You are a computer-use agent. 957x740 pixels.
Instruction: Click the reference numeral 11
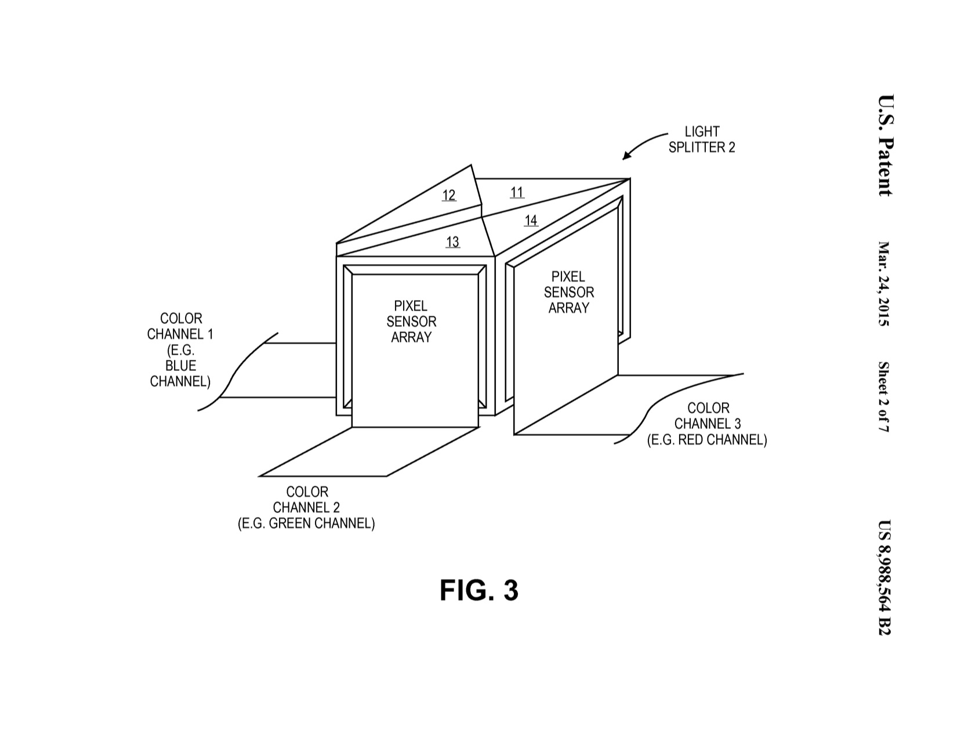pos(517,192)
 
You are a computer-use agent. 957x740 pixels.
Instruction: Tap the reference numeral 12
pos(449,195)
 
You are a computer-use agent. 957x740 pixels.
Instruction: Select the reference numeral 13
pos(452,242)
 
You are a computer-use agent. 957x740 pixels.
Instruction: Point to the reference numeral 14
pos(531,221)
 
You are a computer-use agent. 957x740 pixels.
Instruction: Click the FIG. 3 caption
pos(478,591)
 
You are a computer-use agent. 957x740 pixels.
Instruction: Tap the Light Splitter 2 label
pos(701,140)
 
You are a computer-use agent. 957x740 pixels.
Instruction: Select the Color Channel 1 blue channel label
pos(180,350)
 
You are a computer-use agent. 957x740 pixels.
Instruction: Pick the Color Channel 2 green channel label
pos(306,508)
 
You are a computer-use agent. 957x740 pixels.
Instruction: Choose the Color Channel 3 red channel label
pos(707,424)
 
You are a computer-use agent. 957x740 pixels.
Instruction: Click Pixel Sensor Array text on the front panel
pos(411,322)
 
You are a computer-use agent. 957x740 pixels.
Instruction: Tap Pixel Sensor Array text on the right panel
pos(568,293)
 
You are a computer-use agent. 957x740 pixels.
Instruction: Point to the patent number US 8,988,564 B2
pos(884,577)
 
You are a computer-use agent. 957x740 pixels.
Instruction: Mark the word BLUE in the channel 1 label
pos(180,366)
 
